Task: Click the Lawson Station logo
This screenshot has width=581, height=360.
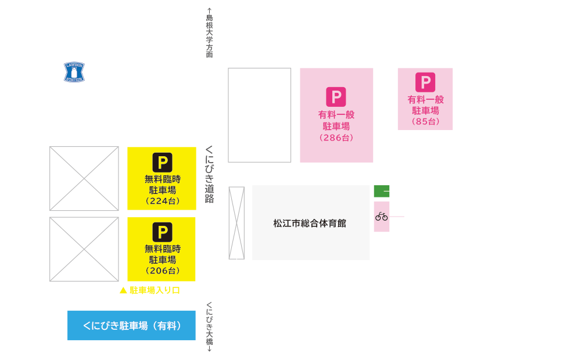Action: (74, 72)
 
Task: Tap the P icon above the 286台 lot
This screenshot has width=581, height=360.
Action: (336, 96)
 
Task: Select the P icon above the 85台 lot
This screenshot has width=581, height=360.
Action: (425, 82)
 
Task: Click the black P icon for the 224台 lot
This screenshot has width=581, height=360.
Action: (162, 163)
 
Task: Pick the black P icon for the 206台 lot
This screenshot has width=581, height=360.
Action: (162, 232)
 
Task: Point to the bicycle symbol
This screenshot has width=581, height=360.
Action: (381, 217)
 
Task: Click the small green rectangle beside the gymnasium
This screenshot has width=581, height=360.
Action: (382, 191)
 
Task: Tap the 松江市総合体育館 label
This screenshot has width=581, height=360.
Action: (310, 224)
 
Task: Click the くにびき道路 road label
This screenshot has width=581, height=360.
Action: (209, 174)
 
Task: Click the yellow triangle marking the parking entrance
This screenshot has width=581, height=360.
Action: (123, 290)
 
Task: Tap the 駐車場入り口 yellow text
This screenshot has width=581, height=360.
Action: (155, 290)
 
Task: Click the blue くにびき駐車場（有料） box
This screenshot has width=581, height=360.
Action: (131, 326)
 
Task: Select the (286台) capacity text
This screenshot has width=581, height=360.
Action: (336, 138)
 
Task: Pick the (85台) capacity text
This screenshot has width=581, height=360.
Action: (425, 121)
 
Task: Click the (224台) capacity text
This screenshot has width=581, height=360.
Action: (162, 201)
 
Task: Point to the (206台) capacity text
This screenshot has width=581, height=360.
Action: (162, 271)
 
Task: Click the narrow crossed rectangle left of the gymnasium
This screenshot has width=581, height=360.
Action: (237, 223)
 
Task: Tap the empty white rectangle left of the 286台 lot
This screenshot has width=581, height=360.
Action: (259, 115)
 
